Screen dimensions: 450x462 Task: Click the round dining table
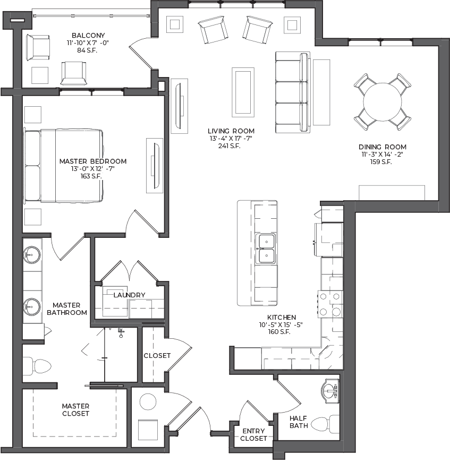(382, 102)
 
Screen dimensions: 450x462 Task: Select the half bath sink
(330, 392)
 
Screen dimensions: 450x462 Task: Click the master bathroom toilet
(37, 366)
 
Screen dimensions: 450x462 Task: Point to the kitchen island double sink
(266, 248)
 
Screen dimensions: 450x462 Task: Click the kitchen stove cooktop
(330, 304)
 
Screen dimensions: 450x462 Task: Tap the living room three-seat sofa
(293, 92)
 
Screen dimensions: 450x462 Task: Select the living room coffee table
(243, 92)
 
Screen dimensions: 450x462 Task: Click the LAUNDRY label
(130, 295)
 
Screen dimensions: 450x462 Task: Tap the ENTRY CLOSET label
(253, 434)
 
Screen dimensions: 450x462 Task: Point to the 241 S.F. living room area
(230, 146)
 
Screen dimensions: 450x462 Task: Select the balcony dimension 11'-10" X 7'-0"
(88, 42)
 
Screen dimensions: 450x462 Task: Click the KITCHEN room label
(282, 318)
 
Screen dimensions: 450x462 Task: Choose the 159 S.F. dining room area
(381, 162)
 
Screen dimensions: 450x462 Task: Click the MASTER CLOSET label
(76, 410)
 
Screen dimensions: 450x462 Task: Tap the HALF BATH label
(299, 422)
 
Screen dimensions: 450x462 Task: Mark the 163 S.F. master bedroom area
(91, 176)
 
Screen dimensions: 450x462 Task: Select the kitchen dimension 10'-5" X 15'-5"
(281, 324)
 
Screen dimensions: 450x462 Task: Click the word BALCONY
(88, 36)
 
